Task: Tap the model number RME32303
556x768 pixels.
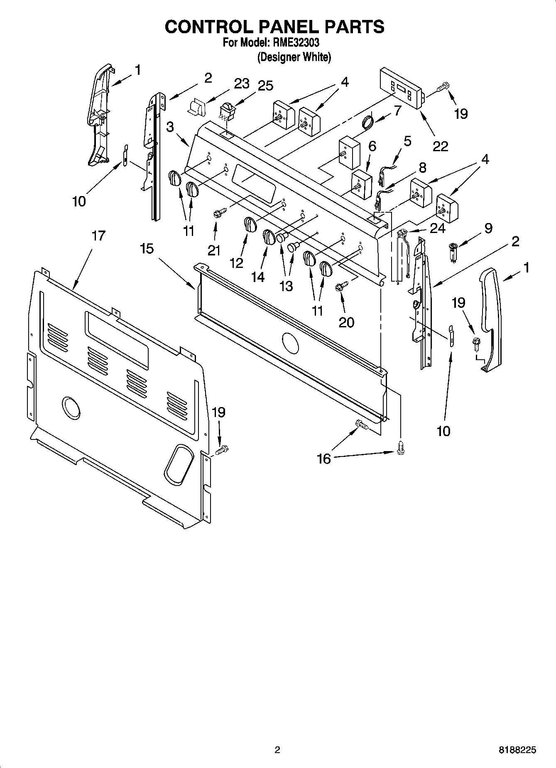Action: pos(296,42)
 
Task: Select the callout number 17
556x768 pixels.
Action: pos(98,236)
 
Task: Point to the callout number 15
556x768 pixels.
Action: pos(147,249)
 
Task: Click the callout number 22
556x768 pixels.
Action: pos(441,146)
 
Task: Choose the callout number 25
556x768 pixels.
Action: pos(265,86)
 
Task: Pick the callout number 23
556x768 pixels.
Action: pos(241,83)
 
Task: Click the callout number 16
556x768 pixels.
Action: pos(324,459)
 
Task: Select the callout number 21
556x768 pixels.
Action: pos(213,250)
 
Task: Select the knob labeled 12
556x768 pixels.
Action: pos(249,224)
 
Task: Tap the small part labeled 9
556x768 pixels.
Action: pos(453,252)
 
